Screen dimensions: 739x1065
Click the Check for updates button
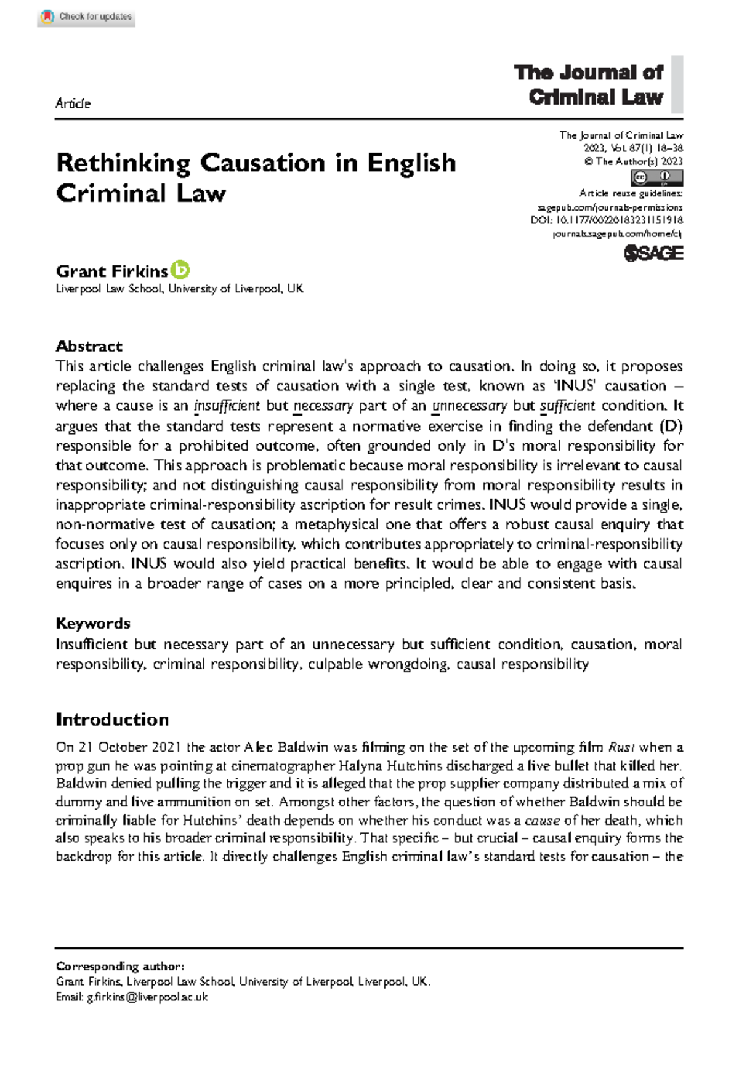click(86, 17)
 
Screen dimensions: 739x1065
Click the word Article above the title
click(73, 103)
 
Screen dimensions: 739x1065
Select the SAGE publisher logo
click(653, 253)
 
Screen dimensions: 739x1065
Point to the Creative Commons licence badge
click(656, 178)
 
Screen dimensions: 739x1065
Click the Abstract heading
click(89, 346)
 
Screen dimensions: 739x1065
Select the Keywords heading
click(93, 624)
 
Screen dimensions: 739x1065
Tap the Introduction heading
click(112, 720)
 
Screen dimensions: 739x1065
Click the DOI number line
click(607, 220)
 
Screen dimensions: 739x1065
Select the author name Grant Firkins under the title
click(111, 271)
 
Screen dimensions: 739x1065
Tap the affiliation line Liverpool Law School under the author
click(179, 289)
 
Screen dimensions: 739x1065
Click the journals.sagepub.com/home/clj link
click(617, 234)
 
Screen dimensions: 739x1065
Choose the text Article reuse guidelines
click(631, 193)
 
